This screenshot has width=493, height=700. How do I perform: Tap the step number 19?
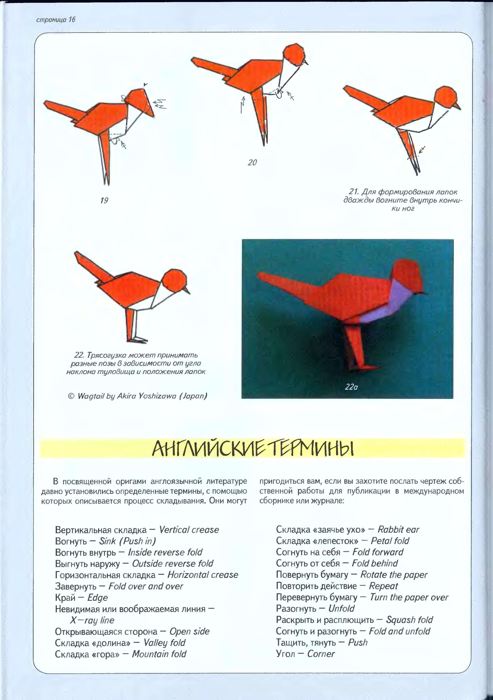tap(104, 201)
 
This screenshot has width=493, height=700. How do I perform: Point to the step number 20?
tap(252, 162)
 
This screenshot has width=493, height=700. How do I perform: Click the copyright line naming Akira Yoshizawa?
tap(137, 396)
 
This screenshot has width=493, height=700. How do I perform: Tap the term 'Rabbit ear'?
tap(398, 530)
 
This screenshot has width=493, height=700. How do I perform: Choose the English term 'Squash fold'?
tap(409, 620)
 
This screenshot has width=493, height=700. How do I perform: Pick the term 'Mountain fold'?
tap(159, 654)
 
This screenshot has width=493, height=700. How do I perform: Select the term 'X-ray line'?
tap(92, 620)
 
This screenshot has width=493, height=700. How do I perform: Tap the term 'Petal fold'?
tap(390, 541)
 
